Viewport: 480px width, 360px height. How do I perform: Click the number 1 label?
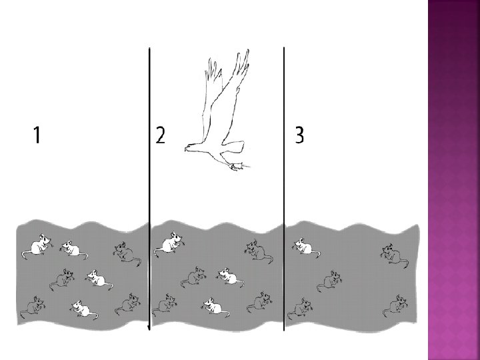point(37,135)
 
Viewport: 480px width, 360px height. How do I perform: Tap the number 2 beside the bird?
point(161,135)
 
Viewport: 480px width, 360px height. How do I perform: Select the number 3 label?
point(300,135)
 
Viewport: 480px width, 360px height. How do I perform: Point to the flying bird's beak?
point(187,149)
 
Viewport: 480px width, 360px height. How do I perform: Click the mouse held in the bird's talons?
point(237,167)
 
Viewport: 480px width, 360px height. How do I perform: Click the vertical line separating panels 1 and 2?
point(149,189)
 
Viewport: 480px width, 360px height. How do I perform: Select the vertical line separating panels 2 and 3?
point(284,189)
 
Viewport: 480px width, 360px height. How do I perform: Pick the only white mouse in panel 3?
point(307,247)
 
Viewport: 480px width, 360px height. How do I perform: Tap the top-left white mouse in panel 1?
point(37,245)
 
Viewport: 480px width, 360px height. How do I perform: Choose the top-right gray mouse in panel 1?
point(127,253)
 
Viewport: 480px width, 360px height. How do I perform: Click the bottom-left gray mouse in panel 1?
point(33,307)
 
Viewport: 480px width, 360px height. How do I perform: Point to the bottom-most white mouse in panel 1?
point(83,309)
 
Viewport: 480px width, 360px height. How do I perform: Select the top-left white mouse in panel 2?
point(169,244)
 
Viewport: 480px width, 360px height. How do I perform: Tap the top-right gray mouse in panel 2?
point(259,251)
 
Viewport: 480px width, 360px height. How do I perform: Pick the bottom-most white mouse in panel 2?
point(215,307)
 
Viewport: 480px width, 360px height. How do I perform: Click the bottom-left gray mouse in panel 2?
point(165,305)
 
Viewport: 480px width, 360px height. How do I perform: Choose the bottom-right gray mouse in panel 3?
point(396,306)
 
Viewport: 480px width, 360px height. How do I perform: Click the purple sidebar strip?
point(454,180)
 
